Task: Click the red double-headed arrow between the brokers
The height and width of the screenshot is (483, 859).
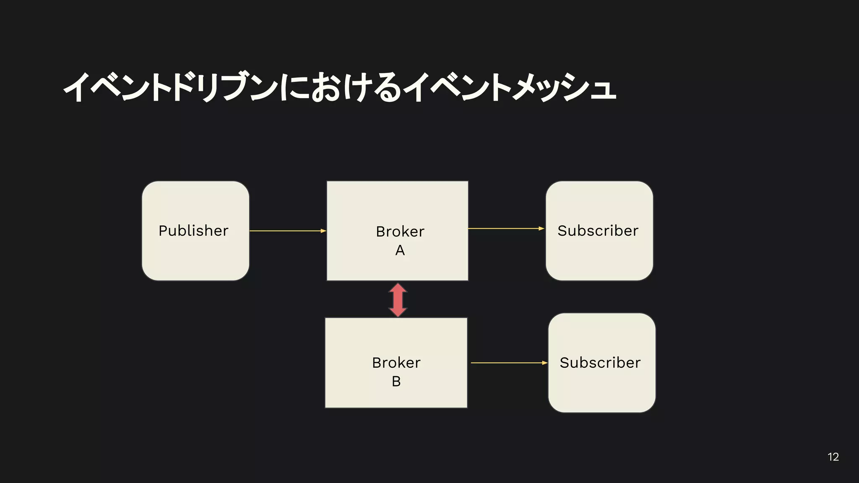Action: click(398, 300)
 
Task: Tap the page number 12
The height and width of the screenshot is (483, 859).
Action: click(833, 457)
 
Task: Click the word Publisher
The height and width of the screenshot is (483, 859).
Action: click(193, 231)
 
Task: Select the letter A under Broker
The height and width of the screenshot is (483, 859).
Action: click(400, 250)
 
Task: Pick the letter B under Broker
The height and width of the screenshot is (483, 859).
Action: click(396, 382)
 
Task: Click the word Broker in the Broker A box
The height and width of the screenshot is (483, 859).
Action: click(400, 231)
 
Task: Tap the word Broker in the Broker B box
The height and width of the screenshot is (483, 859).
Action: click(396, 363)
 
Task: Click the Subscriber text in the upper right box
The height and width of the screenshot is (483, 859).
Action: click(598, 231)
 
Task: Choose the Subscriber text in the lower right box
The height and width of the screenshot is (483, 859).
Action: click(600, 363)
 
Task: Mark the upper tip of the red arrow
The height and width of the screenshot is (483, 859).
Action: click(398, 284)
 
